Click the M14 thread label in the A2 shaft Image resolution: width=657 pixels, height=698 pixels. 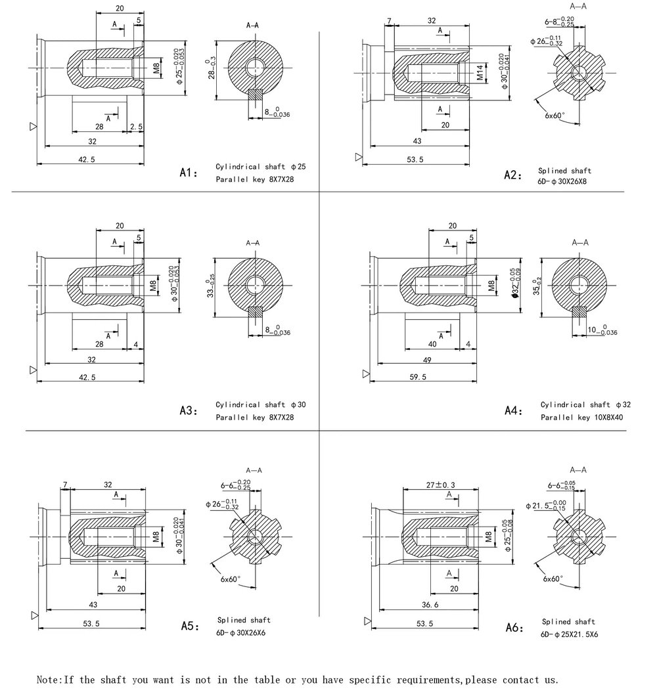(480, 72)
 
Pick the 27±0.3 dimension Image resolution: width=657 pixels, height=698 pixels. (442, 485)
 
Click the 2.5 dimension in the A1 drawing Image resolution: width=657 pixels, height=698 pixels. (136, 126)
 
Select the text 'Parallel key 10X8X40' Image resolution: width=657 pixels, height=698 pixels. (582, 417)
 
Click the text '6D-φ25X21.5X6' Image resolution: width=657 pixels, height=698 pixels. (570, 635)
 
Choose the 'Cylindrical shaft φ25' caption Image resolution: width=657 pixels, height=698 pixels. (261, 167)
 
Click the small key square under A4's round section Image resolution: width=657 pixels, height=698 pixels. (579, 311)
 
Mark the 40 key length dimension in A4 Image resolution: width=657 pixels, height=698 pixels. (432, 345)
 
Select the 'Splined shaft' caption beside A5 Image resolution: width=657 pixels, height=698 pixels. (244, 620)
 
